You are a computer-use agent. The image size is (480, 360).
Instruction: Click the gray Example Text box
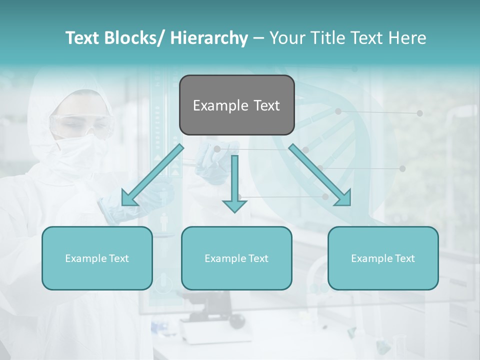236,105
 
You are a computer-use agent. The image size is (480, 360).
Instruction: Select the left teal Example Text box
97,258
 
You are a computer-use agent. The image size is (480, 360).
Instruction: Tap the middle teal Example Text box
236,258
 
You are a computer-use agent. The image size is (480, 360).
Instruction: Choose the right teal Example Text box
383,258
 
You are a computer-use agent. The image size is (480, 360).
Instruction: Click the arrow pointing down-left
150,177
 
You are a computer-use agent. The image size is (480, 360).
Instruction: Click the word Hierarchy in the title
209,38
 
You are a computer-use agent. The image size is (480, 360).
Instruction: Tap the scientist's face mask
80,145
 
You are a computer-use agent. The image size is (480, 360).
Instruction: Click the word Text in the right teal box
404,258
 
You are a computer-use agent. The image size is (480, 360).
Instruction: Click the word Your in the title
285,38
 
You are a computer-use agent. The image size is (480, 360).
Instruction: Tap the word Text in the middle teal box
257,258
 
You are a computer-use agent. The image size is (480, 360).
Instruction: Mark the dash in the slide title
258,38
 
